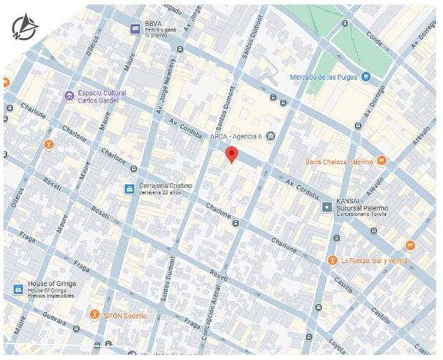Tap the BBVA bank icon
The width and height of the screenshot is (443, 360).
pos(134,27)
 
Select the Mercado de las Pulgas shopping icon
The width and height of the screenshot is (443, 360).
pos(366,77)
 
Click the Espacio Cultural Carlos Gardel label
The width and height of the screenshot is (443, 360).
pos(102,97)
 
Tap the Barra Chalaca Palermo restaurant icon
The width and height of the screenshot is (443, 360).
pos(382,161)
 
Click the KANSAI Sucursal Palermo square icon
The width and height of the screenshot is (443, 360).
pos(327,207)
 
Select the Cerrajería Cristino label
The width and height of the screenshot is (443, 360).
pos(166,186)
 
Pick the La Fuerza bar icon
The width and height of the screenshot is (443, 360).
pos(332,260)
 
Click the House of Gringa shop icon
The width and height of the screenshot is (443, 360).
pos(18,289)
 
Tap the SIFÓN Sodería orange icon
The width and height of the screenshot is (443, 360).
pos(94,315)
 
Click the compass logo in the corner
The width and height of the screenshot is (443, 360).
pos(25,27)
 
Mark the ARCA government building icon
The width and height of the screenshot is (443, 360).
pos(270,136)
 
